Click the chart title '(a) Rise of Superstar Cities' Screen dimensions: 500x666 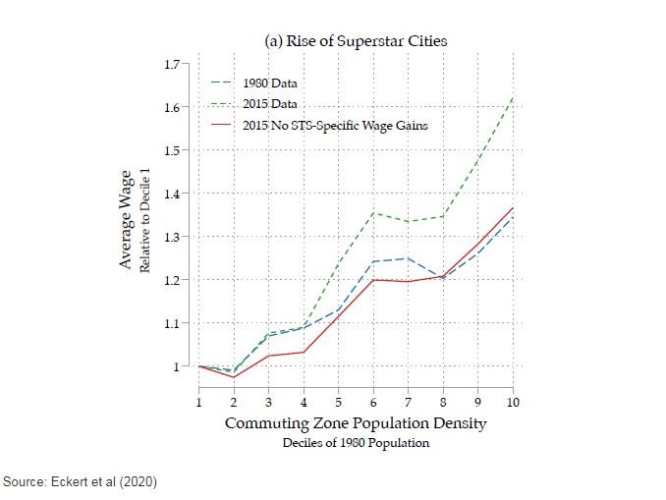(x=357, y=41)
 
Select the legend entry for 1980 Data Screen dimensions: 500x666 (x=269, y=83)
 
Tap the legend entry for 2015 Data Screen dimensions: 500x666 (x=269, y=103)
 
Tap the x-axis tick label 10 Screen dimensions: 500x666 (x=512, y=402)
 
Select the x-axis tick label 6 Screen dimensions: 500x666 (x=372, y=402)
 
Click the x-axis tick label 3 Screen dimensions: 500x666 (x=268, y=402)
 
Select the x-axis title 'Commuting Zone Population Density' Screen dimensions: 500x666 (x=356, y=423)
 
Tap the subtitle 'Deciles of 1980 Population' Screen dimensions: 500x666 (x=356, y=442)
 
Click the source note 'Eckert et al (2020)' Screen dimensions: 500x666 (x=80, y=481)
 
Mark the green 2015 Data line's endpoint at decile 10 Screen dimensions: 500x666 (x=512, y=98)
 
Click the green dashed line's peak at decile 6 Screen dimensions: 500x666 (x=372, y=212)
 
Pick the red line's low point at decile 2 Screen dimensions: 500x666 (x=234, y=377)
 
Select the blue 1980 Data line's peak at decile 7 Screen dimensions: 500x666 (x=408, y=258)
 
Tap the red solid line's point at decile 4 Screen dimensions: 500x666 (x=304, y=352)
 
